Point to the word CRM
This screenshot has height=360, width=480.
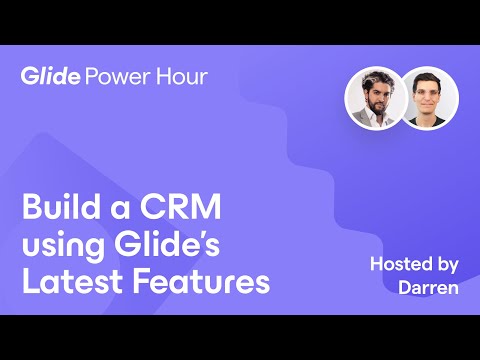[x=182, y=211]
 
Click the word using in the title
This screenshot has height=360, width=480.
[x=62, y=247]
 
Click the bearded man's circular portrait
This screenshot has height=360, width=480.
[x=374, y=97]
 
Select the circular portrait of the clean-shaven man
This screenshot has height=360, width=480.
[x=429, y=97]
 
